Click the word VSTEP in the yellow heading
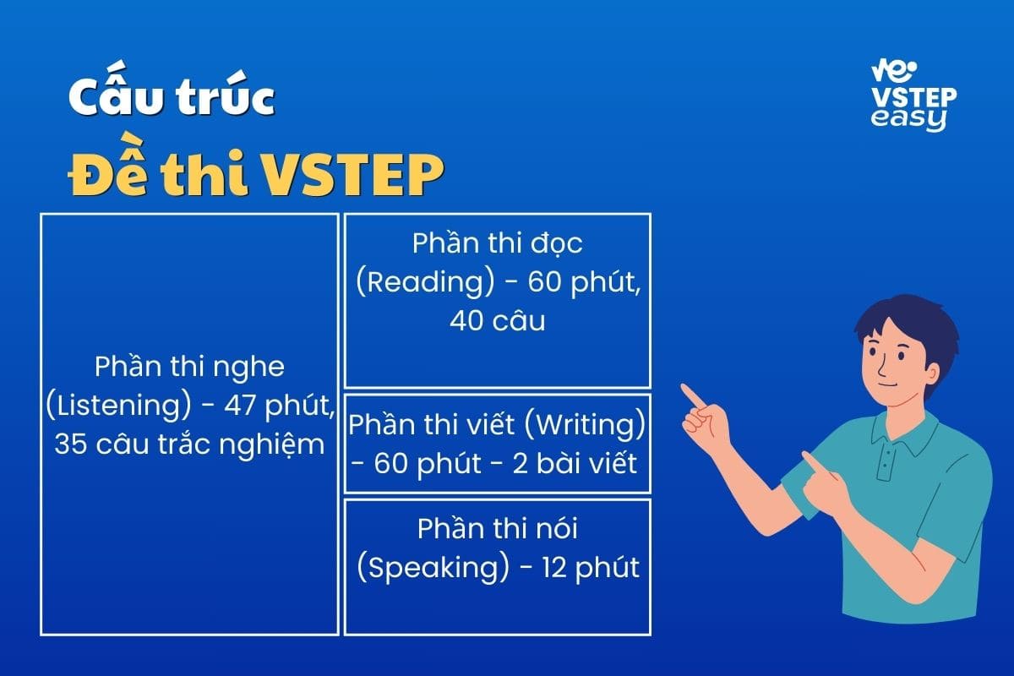352,175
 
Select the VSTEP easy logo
913,96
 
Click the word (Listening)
118,406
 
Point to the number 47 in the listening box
239,405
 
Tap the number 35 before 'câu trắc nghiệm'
70,444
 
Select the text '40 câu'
498,321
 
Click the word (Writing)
585,425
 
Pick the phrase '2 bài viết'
575,463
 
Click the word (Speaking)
433,568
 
